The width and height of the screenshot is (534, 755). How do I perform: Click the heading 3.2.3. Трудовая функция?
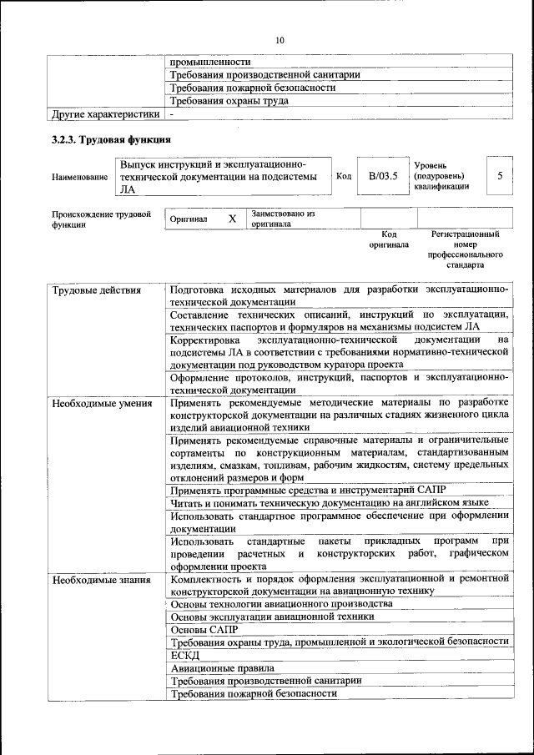click(x=112, y=138)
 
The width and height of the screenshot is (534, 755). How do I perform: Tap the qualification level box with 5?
click(x=500, y=176)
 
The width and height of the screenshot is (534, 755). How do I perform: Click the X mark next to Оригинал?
click(x=233, y=219)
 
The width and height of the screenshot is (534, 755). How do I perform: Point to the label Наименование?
click(x=79, y=177)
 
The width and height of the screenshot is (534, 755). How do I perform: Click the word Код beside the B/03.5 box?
click(x=343, y=176)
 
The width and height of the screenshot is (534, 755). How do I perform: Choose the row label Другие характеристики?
click(x=105, y=113)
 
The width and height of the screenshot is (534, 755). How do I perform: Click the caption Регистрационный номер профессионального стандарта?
click(x=466, y=249)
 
